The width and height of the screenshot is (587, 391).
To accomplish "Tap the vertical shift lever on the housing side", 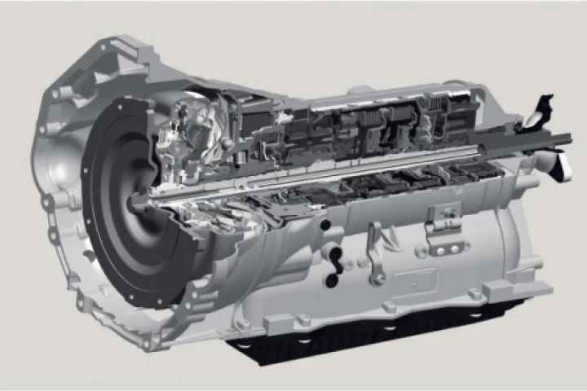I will point(374,248).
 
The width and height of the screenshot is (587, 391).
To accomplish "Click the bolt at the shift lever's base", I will point(377,279).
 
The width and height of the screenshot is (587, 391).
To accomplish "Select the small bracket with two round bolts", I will point(441,217).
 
